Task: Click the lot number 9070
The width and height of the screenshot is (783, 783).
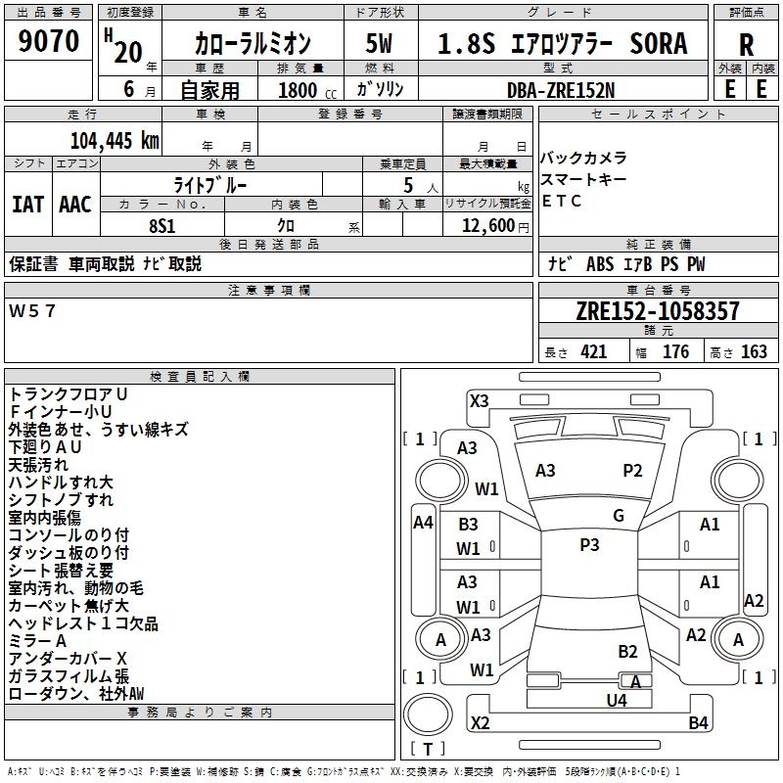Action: click(49, 42)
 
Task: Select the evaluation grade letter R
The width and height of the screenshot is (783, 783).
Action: click(746, 44)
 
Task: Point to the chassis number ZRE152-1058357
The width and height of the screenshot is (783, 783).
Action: click(657, 311)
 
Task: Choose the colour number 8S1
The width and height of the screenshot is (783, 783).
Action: click(162, 225)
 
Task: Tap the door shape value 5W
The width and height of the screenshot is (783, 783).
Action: click(380, 44)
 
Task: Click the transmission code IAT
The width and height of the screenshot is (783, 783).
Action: click(27, 204)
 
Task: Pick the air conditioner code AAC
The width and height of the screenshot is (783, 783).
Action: click(74, 204)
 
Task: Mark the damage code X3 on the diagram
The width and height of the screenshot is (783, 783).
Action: click(479, 400)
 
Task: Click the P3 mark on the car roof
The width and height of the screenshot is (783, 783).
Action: click(589, 545)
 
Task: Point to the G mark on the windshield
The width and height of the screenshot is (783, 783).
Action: click(619, 516)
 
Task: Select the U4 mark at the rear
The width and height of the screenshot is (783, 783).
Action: click(616, 700)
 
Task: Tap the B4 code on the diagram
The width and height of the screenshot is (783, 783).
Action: click(698, 723)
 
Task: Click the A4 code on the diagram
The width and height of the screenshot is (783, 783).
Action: click(423, 523)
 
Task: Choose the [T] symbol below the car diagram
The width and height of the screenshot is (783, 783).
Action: click(428, 750)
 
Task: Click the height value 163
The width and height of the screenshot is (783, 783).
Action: click(754, 352)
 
